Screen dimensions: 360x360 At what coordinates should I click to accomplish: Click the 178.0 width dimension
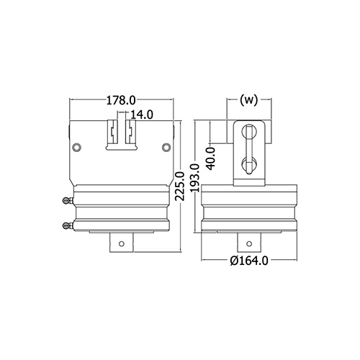121,101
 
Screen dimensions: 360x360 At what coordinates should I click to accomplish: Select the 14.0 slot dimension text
141,114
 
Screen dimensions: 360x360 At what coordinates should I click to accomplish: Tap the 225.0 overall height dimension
180,186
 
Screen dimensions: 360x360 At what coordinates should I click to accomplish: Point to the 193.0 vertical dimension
196,178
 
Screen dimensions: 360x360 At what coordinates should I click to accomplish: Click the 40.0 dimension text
211,159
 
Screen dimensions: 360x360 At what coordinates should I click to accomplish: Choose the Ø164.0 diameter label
249,261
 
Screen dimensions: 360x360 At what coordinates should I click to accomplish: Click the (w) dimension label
249,100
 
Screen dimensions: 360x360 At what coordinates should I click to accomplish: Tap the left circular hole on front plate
77,147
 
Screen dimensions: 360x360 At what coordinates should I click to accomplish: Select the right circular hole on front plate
166,147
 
